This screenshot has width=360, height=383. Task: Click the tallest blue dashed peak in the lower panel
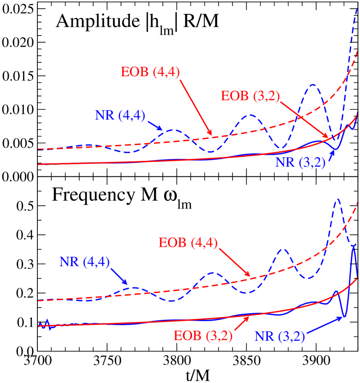pos(338,199)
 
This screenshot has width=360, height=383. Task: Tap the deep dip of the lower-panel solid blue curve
pos(344,317)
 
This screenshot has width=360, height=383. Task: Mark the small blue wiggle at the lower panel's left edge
pos(45,323)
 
